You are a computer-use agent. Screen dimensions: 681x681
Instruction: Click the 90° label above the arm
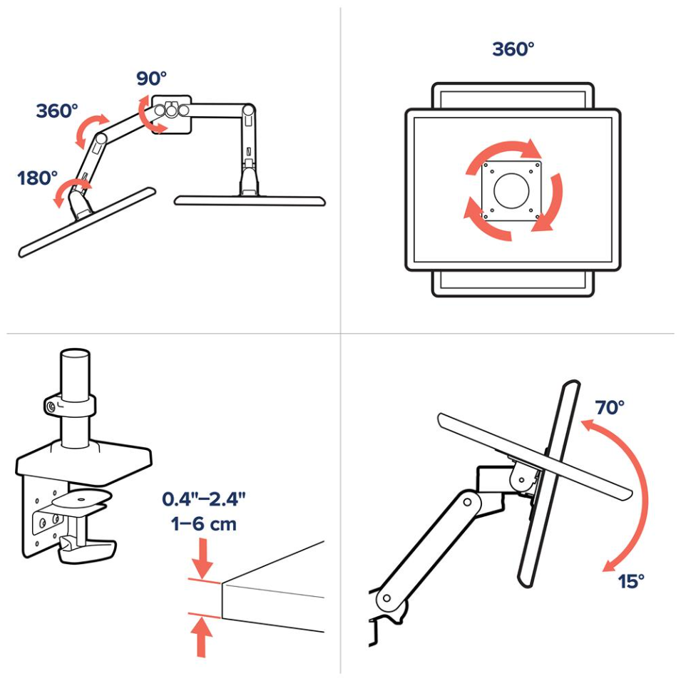(x=152, y=78)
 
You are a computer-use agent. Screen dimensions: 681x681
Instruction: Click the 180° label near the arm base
(x=37, y=178)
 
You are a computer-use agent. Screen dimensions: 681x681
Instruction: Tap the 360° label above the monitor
(x=513, y=49)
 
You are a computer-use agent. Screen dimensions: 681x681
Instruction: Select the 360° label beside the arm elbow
(x=57, y=111)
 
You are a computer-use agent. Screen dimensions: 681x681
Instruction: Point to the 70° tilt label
(x=610, y=407)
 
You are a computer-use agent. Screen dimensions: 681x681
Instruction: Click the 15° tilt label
(x=631, y=581)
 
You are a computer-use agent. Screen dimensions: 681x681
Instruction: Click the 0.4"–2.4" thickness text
(x=204, y=499)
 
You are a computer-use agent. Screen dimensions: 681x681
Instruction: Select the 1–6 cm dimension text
(x=204, y=524)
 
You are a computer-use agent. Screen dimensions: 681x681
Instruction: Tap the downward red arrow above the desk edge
(x=202, y=558)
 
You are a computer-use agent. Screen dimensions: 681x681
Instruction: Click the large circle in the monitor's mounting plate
(x=511, y=190)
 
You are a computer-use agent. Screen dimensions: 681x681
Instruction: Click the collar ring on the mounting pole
(x=69, y=406)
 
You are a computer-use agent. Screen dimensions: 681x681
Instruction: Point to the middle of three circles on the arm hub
(x=172, y=111)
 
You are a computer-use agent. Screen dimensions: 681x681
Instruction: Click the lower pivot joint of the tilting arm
(x=386, y=599)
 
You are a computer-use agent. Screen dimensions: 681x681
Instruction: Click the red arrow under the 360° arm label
(x=91, y=128)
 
